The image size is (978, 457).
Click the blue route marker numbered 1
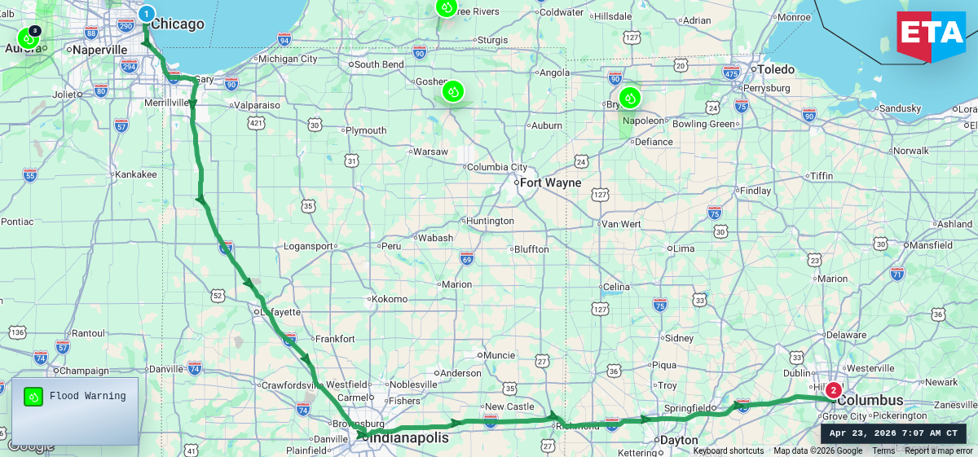point(146,14)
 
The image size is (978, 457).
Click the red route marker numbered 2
point(833,390)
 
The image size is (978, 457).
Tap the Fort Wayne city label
point(550,182)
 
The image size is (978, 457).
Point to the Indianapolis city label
point(409,438)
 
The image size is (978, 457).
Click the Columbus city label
point(870,401)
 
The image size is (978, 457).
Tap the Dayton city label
point(678,440)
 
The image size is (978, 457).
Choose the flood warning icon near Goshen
point(453,91)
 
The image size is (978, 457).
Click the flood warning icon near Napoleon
point(630,99)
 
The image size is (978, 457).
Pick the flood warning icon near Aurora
point(28,37)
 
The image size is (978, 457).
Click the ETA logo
point(931,36)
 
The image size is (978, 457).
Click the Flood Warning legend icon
point(33,397)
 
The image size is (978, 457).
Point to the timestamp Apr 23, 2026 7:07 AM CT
point(893,433)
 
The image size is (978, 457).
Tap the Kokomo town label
point(389,299)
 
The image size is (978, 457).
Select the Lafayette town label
point(280,312)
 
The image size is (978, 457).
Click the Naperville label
point(99,50)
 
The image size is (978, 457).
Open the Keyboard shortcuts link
point(729,451)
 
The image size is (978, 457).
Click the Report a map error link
point(939,451)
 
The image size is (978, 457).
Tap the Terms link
point(883,451)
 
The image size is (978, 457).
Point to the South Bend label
point(379,64)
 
